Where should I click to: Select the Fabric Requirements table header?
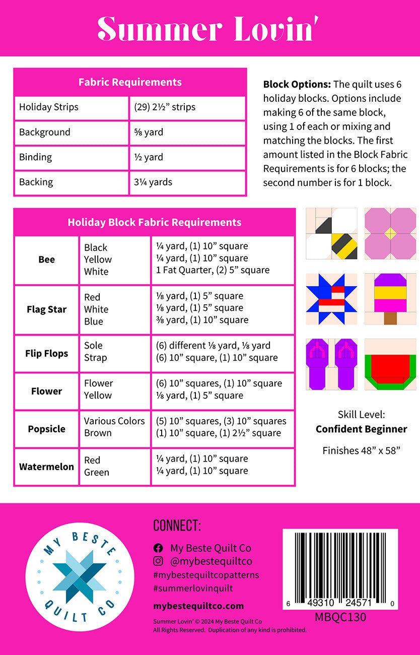(130, 82)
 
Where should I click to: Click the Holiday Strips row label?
(49, 107)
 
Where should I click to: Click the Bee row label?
(47, 259)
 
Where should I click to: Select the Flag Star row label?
(47, 309)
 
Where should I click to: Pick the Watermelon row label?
(47, 467)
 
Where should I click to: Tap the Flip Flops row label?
(47, 354)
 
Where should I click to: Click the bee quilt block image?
(331, 234)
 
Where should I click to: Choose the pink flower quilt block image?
(390, 234)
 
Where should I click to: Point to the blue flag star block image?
(331, 299)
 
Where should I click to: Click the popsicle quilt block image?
(390, 299)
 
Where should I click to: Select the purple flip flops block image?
(331, 364)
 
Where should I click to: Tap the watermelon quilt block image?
(390, 364)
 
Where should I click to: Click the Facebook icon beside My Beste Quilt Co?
(158, 548)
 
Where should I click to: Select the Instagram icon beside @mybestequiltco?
(158, 561)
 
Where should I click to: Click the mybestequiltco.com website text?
(198, 606)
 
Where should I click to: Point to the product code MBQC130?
(340, 617)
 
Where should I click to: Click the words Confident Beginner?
(361, 429)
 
